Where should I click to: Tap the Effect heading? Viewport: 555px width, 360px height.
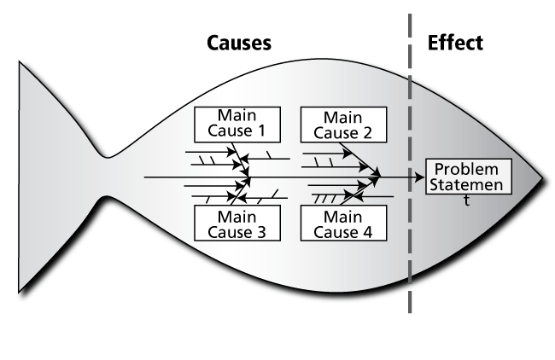tap(454, 43)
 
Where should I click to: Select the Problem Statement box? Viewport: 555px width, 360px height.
tap(468, 177)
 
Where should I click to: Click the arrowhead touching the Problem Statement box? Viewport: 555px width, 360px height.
tap(419, 177)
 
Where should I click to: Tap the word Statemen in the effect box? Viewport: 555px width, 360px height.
tap(468, 185)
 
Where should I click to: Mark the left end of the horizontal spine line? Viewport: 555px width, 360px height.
tap(146, 177)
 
